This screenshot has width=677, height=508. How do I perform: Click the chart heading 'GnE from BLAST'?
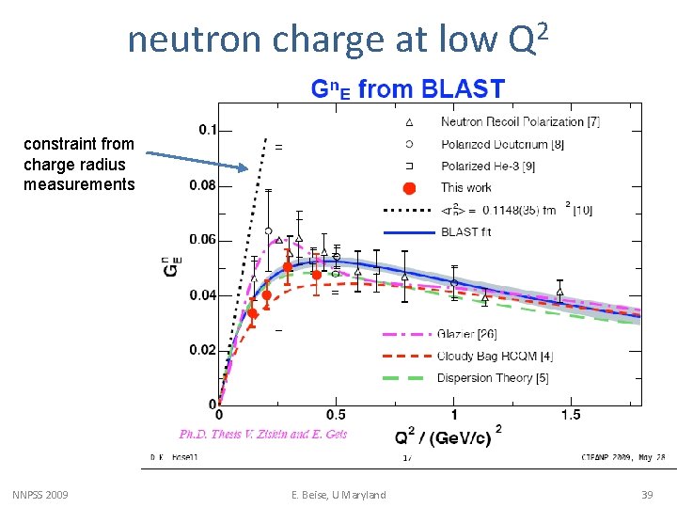tap(408, 89)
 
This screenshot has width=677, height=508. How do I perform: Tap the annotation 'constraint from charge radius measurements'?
tap(79, 164)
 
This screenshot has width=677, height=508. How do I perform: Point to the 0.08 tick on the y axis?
tap(202, 185)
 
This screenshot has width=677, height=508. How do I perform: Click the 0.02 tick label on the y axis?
tap(202, 350)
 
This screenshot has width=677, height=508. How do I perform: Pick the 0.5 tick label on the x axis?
tap(336, 415)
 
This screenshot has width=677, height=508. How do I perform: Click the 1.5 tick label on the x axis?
tap(570, 415)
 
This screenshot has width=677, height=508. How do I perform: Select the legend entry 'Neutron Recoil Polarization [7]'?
tap(520, 121)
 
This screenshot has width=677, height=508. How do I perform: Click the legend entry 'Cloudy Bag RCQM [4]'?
tap(495, 356)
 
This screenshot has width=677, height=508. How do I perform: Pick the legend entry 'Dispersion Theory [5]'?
tap(493, 378)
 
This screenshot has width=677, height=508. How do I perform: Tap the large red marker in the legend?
tap(408, 188)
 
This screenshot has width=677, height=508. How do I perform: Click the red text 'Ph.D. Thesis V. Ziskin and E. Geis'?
tap(263, 435)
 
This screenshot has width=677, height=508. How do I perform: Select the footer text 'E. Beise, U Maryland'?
tap(338, 495)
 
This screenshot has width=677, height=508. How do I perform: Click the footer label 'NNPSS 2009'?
tap(40, 495)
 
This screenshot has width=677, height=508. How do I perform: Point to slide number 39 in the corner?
tap(646, 495)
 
